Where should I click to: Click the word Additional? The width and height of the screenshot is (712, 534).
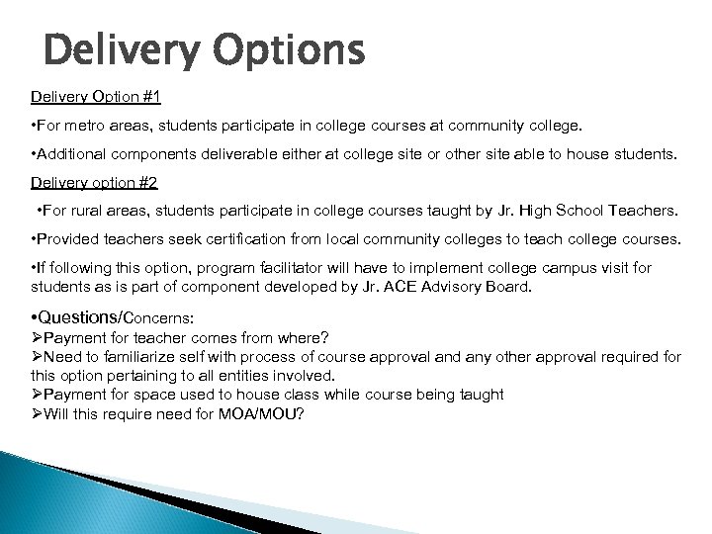(x=72, y=155)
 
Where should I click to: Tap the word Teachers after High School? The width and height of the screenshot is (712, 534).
(x=641, y=212)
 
